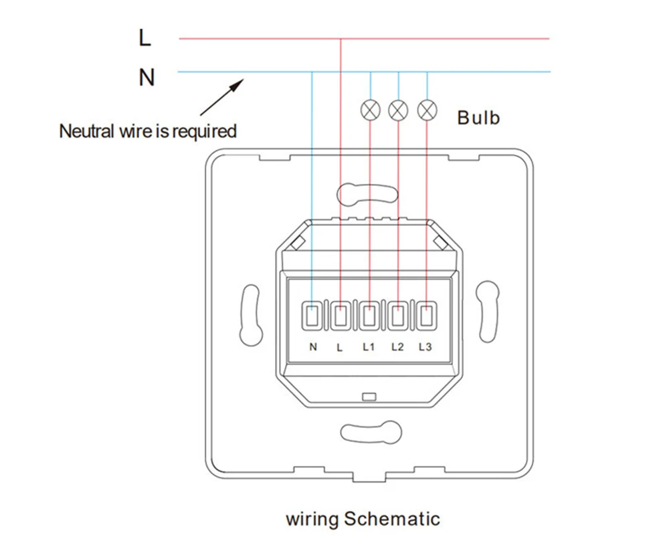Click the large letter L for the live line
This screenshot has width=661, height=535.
pos(145,37)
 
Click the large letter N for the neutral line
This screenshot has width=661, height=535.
pos(147,78)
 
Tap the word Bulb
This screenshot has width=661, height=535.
pos(478,118)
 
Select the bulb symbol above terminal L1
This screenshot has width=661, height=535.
pos(370,110)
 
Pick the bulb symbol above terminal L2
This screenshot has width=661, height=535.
pos(398,110)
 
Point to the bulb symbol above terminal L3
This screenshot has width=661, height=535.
pos(427,110)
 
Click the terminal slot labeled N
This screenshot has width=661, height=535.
pos(312,316)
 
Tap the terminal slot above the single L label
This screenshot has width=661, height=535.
pos(341,316)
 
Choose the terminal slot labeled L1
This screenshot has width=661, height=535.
pos(369,316)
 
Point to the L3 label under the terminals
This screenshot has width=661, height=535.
pos(425,346)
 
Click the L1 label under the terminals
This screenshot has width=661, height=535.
pos(369,346)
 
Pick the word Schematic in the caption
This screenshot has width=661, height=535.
pos(392,518)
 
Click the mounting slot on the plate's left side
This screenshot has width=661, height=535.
pos(251,315)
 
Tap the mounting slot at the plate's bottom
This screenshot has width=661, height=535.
pos(371,432)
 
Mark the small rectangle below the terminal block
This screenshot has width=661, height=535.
pos(369,397)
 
